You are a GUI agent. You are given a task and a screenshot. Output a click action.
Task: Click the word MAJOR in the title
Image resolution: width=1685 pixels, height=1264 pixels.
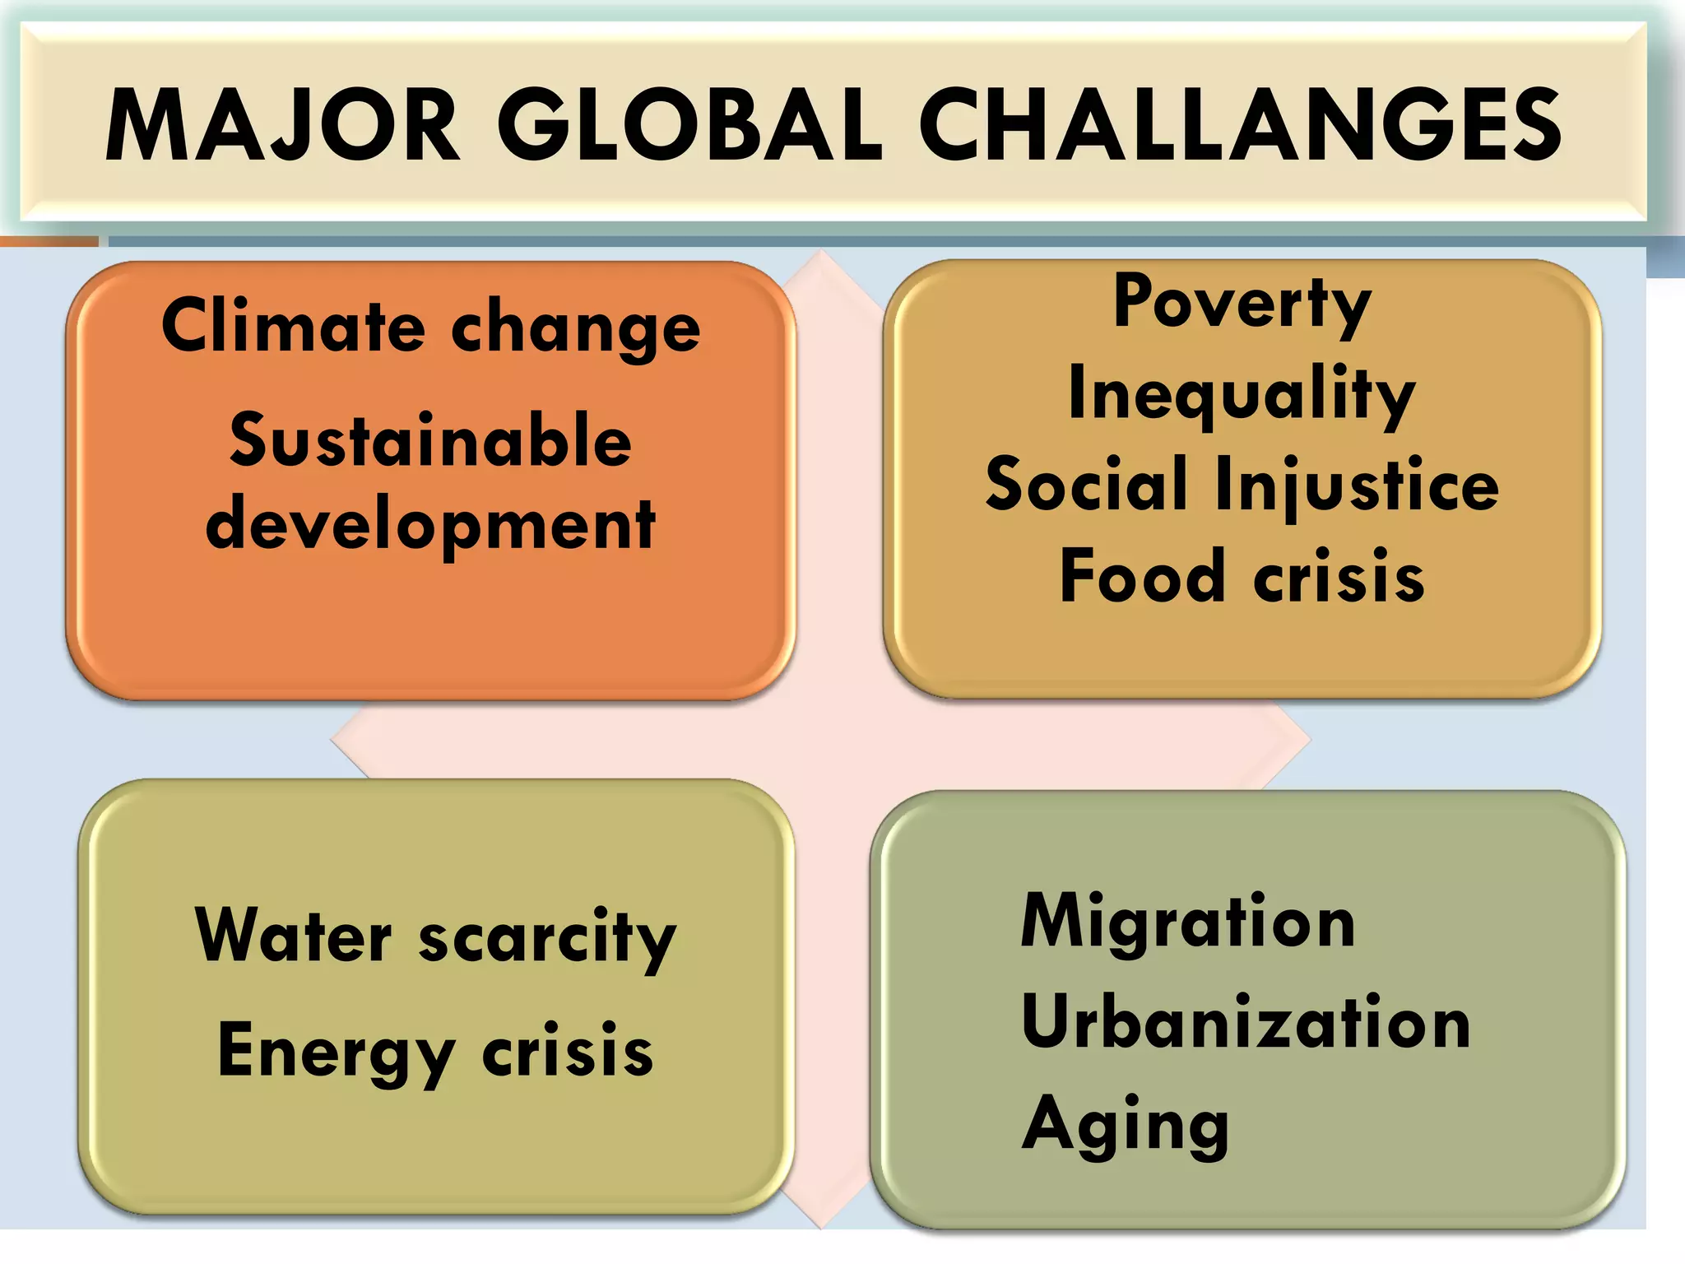pyautogui.click(x=282, y=126)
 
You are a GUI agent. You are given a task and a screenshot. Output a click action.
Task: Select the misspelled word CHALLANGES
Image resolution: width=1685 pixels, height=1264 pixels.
pyautogui.click(x=1239, y=126)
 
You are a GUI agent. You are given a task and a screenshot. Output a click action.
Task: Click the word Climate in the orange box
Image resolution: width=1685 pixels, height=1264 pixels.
pyautogui.click(x=292, y=327)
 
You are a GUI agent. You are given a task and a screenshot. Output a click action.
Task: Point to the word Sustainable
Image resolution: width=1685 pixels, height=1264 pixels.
pyautogui.click(x=430, y=441)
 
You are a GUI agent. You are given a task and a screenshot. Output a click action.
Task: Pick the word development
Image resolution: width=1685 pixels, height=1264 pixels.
pyautogui.click(x=430, y=527)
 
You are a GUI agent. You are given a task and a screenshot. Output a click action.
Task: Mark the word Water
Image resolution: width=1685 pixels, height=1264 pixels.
pyautogui.click(x=294, y=936)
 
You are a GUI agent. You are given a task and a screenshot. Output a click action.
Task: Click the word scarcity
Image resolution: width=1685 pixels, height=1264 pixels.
pyautogui.click(x=547, y=940)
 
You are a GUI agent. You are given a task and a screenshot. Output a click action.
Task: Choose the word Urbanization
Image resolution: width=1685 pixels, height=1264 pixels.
pyautogui.click(x=1246, y=1023)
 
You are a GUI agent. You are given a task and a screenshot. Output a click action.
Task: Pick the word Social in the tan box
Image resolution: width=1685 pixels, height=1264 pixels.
pyautogui.click(x=1087, y=485)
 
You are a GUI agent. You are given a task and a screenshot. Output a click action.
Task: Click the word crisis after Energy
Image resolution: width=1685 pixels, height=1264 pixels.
pyautogui.click(x=568, y=1052)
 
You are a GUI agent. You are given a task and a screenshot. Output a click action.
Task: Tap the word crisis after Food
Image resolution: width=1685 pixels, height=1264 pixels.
pyautogui.click(x=1339, y=577)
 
